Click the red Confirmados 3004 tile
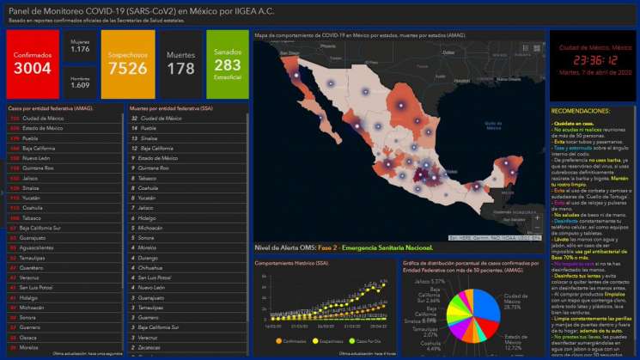[33, 62]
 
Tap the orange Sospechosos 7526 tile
[127, 62]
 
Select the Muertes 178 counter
[180, 62]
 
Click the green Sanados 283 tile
[228, 62]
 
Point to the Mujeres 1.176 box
[80, 45]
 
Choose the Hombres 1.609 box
[80, 82]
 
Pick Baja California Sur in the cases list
[52, 229]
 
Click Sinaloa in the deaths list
[149, 137]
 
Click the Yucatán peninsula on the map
[507, 172]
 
